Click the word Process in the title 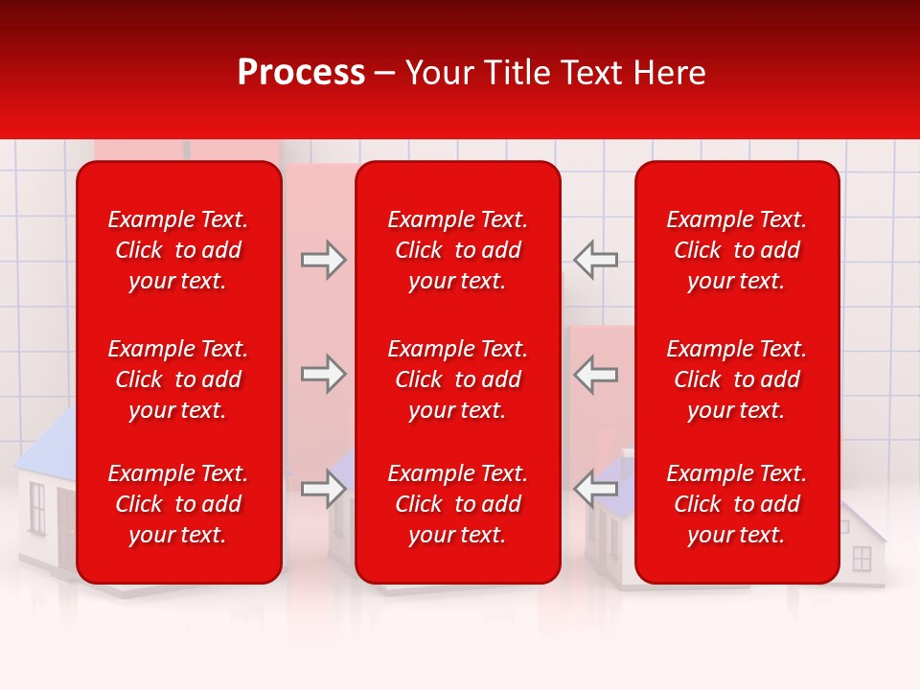(x=301, y=73)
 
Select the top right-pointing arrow (x=324, y=260)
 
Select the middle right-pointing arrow (x=324, y=374)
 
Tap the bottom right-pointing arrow (x=324, y=490)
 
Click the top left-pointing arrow (x=595, y=260)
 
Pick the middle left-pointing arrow (x=595, y=374)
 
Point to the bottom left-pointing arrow (x=595, y=490)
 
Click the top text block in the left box (x=178, y=250)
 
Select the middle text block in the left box (x=178, y=379)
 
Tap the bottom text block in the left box (x=178, y=504)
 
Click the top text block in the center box (x=457, y=250)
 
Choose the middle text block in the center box (x=457, y=379)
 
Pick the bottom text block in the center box (x=457, y=504)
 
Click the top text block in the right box (x=736, y=250)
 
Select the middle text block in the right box (x=736, y=379)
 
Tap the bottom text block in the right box (x=736, y=504)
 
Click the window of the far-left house (x=36, y=507)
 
